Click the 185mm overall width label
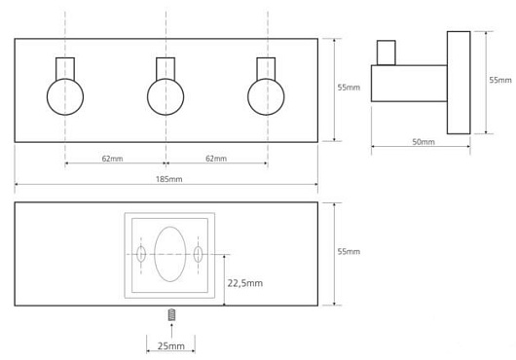point(168,179)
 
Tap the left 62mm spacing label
point(112,159)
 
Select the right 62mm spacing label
point(216,159)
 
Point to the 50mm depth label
point(424,142)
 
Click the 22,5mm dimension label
point(245,283)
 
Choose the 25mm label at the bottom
point(170,345)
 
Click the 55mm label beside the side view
point(500,80)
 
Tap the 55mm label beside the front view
point(349,88)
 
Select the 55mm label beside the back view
point(349,251)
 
